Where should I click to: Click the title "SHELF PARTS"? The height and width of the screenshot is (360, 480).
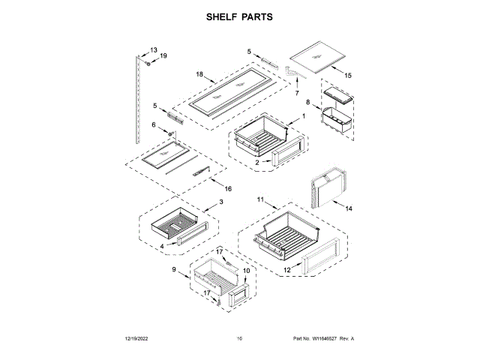[240, 16]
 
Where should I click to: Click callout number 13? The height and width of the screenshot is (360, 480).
[154, 50]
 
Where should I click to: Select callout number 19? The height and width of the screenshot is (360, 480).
[163, 56]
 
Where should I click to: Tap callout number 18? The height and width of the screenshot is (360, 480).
[199, 73]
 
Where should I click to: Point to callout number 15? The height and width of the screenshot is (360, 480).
[347, 76]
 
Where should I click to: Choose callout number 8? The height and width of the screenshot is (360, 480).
[307, 102]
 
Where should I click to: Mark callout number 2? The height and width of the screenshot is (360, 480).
[256, 161]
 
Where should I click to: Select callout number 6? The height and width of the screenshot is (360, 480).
[154, 125]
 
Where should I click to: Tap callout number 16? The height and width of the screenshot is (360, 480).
[228, 189]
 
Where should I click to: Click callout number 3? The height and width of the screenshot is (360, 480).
[220, 202]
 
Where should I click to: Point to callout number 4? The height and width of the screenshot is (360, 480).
[162, 245]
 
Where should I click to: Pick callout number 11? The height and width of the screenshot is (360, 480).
[261, 201]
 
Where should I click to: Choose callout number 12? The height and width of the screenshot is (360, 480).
[286, 270]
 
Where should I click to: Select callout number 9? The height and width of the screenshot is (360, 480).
[174, 269]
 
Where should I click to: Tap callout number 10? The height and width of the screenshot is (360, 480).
[247, 271]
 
